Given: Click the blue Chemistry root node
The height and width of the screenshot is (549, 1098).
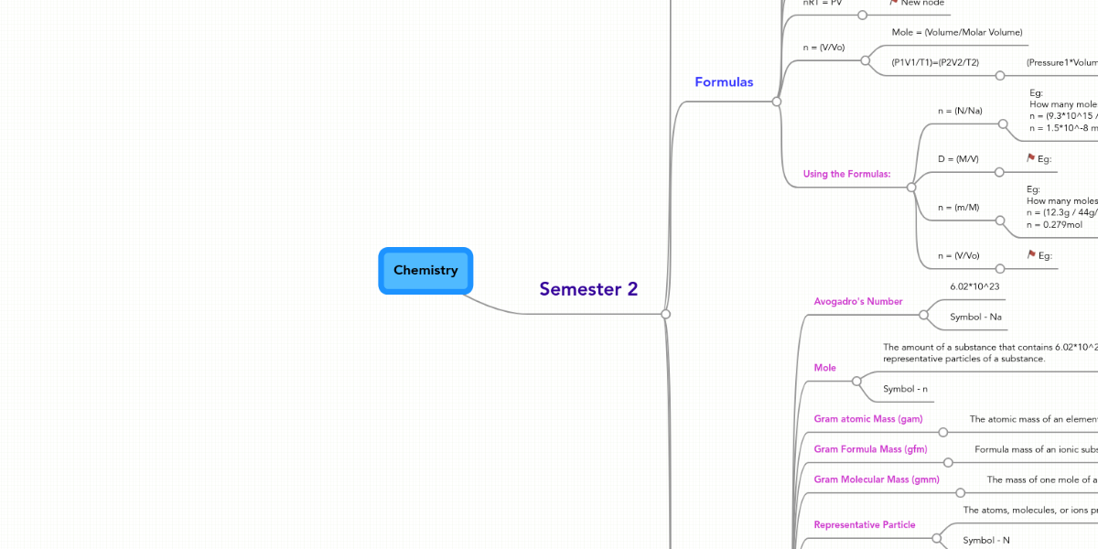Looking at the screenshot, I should coord(425,271).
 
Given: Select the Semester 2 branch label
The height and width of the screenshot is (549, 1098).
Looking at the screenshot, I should coord(588,289).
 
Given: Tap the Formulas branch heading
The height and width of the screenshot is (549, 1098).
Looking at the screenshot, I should coord(724,82).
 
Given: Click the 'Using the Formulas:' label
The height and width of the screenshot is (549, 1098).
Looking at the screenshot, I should coord(846,174).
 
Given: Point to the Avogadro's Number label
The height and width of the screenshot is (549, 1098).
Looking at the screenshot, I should coord(858,301).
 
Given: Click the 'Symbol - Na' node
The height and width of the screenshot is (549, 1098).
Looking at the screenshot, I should coord(975,318).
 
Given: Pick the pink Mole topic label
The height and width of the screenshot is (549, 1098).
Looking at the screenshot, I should coord(824,368).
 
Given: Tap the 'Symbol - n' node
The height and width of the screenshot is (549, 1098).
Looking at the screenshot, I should coord(905,389).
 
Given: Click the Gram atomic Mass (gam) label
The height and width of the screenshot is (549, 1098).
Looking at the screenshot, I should coord(868,419).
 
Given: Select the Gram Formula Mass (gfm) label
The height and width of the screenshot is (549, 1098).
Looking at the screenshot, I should coord(870,449).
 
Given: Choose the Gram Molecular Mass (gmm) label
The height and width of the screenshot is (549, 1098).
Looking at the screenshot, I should coord(877,479).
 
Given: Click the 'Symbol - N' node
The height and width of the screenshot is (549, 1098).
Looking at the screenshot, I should coord(985,541).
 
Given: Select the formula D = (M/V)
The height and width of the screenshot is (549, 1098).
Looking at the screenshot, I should coord(958,159).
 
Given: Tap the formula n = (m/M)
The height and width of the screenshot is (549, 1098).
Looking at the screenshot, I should coord(958,208).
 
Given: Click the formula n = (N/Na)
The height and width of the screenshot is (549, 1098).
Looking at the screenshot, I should coord(960,111).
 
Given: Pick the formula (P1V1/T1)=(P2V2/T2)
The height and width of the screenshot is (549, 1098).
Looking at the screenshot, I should coord(935,62).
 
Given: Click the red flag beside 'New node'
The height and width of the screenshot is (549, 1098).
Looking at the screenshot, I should coord(893,3).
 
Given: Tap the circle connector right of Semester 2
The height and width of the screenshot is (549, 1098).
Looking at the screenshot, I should coord(666,314).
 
